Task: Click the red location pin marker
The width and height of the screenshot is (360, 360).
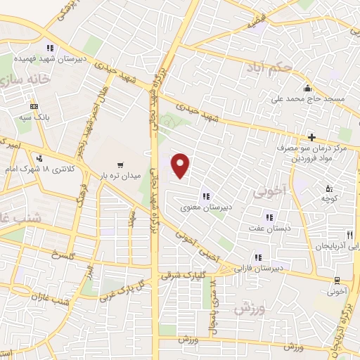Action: click(x=181, y=166)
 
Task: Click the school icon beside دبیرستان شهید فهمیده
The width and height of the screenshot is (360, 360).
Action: click(x=49, y=49)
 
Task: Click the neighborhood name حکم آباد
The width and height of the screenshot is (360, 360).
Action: click(x=266, y=67)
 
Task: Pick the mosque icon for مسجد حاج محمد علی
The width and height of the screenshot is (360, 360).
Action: click(x=307, y=89)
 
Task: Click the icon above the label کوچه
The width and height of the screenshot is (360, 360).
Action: click(x=329, y=188)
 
